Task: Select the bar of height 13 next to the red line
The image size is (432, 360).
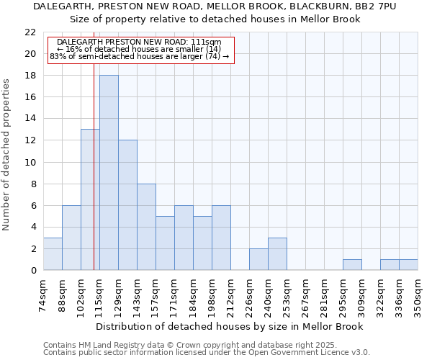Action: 90,199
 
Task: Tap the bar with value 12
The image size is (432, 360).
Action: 127,205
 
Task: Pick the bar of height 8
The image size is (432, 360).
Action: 146,227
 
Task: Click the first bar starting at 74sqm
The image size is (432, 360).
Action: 53,253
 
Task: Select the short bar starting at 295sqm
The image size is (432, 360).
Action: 352,264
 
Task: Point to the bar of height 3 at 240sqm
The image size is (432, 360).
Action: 277,253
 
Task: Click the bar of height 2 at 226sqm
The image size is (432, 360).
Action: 258,259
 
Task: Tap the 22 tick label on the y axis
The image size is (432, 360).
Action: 30,32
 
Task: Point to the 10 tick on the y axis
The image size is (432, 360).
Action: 30,162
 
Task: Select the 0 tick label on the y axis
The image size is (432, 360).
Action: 33,270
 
